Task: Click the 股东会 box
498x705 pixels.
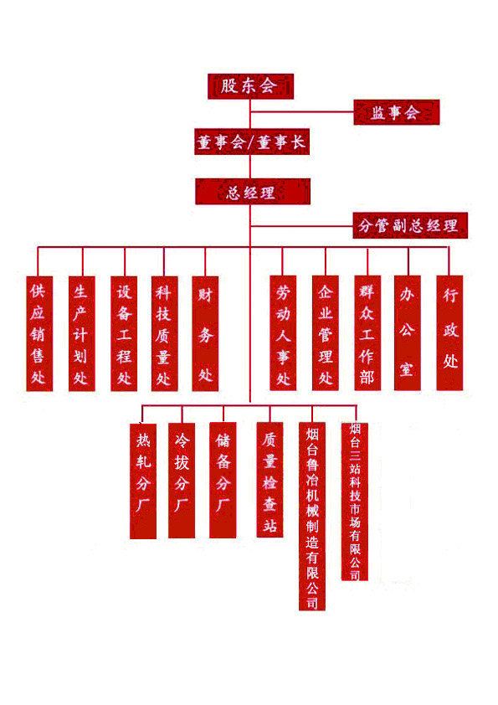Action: click(250, 86)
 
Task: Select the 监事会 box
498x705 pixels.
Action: click(397, 112)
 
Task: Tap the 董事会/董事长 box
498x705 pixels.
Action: click(252, 142)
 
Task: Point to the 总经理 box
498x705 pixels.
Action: click(253, 192)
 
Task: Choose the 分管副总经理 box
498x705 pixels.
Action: click(410, 225)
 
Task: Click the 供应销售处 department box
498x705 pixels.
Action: click(39, 333)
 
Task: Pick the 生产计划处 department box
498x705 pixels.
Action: click(82, 333)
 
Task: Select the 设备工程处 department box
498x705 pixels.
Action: click(124, 333)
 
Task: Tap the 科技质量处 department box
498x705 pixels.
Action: click(165, 333)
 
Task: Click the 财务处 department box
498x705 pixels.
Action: click(205, 333)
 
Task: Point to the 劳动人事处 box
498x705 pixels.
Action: click(283, 332)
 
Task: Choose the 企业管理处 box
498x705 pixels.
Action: click(326, 332)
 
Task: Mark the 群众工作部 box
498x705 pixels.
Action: click(367, 332)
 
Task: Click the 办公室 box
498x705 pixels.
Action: click(408, 332)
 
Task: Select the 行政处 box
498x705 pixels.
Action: click(449, 332)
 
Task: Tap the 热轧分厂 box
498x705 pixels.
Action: click(143, 481)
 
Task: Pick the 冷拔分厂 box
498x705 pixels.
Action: click(182, 481)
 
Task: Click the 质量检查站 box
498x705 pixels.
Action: click(270, 479)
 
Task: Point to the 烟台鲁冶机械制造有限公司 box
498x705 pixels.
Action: click(312, 516)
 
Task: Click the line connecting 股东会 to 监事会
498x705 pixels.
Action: click(302, 111)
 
